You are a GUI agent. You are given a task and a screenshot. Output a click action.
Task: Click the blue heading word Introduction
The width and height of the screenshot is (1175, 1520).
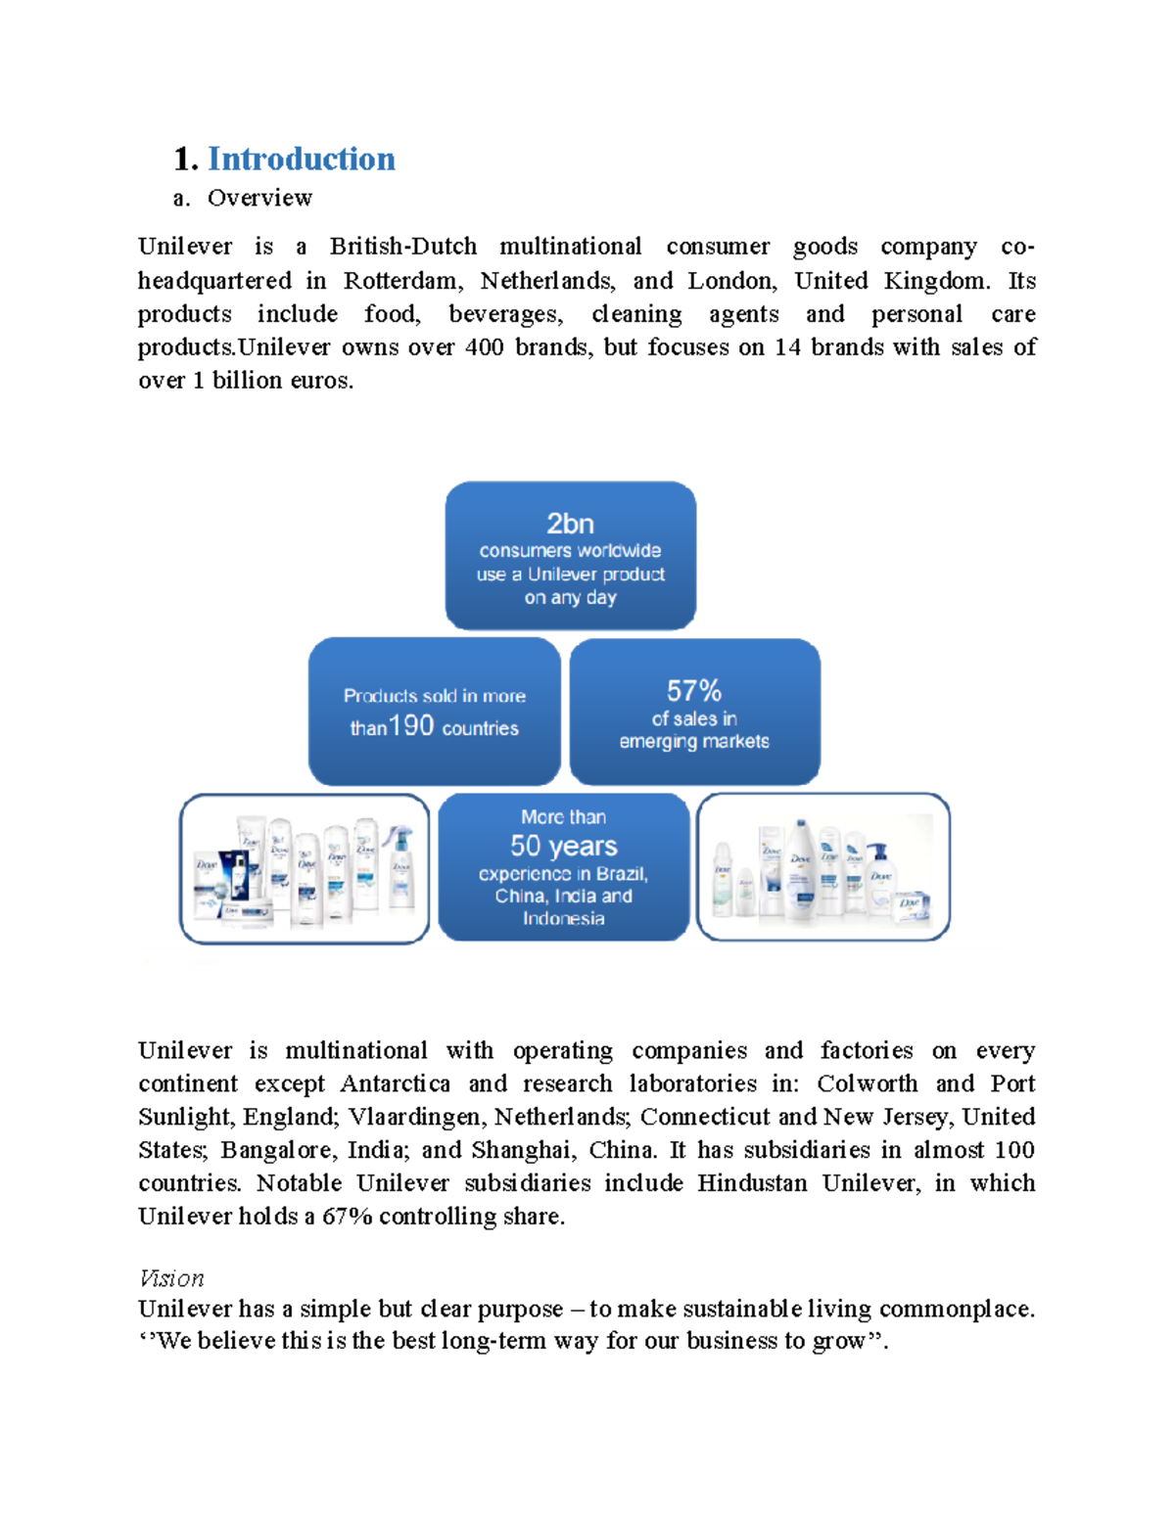point(301,159)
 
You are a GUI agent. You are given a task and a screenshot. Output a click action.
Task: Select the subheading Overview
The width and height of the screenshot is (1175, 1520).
point(259,198)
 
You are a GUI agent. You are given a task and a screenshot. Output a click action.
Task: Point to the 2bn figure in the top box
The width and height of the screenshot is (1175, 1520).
point(570,523)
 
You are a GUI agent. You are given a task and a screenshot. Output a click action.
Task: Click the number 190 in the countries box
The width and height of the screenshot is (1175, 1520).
point(411,725)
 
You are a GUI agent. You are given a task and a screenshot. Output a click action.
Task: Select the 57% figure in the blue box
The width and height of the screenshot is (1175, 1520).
point(693,691)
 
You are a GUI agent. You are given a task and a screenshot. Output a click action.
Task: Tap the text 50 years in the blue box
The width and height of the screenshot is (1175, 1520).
point(563,846)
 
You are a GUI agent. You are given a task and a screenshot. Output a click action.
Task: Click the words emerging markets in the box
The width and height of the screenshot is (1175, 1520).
point(693,742)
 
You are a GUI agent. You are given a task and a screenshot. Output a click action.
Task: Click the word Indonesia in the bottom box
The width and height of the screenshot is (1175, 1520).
point(563,918)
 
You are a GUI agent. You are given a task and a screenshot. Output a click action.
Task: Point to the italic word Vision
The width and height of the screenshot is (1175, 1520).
point(171,1278)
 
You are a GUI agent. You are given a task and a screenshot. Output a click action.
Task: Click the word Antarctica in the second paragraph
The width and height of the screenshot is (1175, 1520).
point(395,1083)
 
